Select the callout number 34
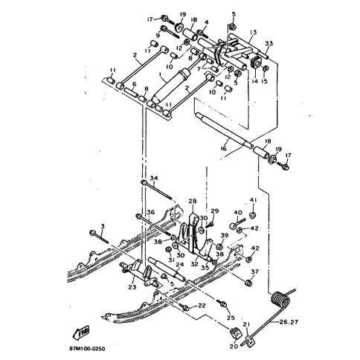click(x=154, y=179)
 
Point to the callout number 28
click(x=191, y=201)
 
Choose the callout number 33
click(x=269, y=43)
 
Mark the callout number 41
click(x=253, y=200)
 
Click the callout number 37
click(x=254, y=271)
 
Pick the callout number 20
click(x=234, y=347)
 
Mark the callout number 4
click(x=206, y=23)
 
